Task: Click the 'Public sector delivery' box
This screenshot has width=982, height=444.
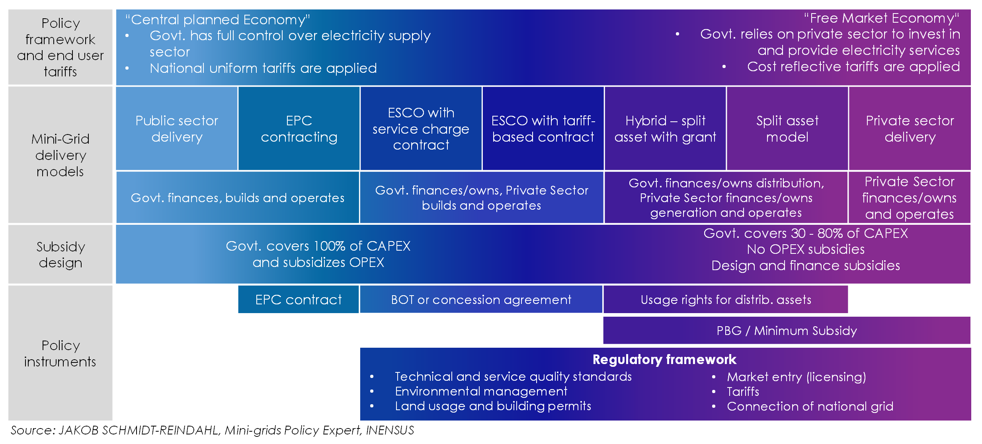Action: (177, 129)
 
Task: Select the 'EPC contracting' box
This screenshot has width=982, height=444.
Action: (299, 129)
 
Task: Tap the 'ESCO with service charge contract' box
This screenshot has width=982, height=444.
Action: (421, 129)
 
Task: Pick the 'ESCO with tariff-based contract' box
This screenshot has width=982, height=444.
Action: (543, 129)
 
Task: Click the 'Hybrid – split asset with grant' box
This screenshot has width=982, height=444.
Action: (665, 129)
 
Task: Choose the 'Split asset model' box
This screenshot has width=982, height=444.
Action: (787, 129)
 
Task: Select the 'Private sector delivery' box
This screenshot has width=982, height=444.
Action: (910, 129)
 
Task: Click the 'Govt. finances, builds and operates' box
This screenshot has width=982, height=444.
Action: (238, 198)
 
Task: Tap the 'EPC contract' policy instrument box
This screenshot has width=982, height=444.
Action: (299, 300)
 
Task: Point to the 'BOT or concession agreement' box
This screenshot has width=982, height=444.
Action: (481, 300)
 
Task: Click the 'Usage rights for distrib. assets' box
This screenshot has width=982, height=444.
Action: (726, 300)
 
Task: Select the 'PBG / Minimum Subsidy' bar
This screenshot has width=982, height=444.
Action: (787, 331)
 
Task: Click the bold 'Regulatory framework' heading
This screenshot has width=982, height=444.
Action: (664, 360)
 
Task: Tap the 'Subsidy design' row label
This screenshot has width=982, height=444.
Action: (61, 255)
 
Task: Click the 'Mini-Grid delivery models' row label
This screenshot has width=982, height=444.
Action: (61, 155)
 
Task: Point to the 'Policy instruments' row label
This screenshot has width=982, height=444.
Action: (61, 353)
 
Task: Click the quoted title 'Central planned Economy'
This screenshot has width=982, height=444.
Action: (217, 19)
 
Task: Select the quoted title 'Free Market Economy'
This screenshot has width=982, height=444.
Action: (881, 18)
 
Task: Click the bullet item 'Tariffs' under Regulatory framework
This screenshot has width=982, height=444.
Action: (743, 392)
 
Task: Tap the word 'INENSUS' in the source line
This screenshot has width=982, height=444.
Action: (390, 430)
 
